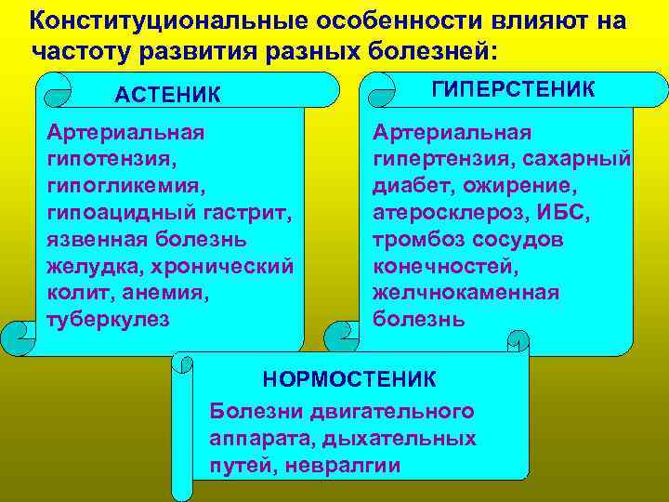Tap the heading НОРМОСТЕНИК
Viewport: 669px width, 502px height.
point(349,379)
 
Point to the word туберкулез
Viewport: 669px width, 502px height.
point(108,318)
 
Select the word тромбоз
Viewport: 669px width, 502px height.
point(413,239)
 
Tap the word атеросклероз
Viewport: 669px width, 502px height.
point(447,212)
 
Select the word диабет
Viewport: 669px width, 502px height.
point(406,185)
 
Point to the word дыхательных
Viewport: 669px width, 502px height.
point(405,438)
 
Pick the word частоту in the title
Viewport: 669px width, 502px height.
point(77,48)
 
